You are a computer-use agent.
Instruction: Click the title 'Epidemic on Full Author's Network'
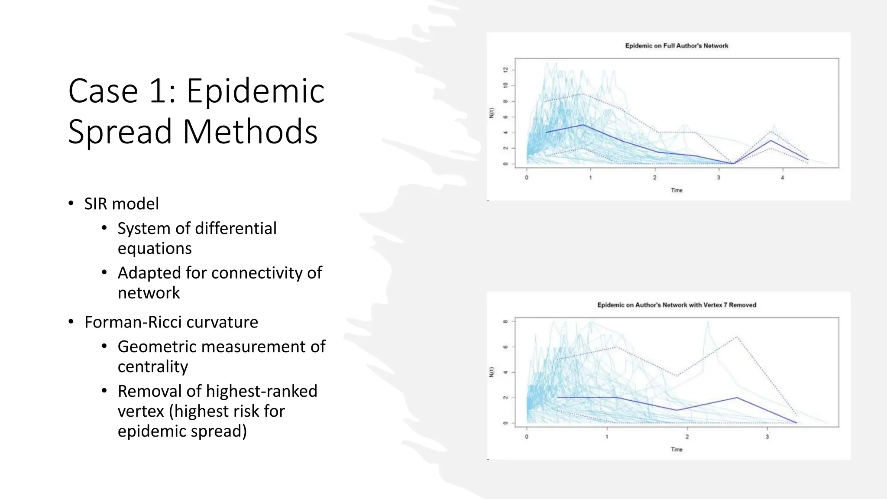click(677, 46)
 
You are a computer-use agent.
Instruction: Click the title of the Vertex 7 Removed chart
click(677, 305)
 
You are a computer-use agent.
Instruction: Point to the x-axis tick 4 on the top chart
click(782, 178)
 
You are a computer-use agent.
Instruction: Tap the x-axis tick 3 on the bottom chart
click(767, 437)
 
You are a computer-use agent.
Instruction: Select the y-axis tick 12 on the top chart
click(505, 70)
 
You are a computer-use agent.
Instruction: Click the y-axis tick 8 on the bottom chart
click(505, 321)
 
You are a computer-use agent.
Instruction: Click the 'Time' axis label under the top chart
click(677, 190)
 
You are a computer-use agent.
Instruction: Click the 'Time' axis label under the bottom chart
click(677, 450)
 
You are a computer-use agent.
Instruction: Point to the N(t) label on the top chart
click(492, 113)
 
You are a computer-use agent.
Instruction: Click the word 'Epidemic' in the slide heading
click(255, 91)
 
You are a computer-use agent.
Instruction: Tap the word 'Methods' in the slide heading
click(250, 131)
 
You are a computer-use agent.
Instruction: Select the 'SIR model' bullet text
click(121, 204)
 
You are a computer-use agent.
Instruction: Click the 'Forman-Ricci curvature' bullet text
click(171, 322)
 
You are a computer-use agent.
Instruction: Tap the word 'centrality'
click(152, 366)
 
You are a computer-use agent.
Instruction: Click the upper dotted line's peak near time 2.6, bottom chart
click(736, 337)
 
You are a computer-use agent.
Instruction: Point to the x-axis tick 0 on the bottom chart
click(527, 437)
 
